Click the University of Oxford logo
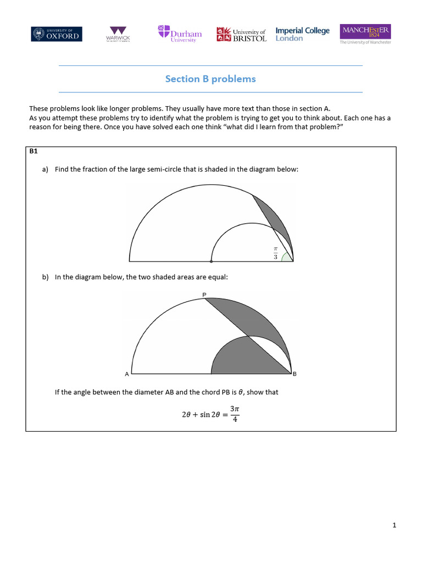click(x=57, y=34)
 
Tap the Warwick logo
click(x=118, y=34)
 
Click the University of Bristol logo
click(x=241, y=35)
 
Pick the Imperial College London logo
click(x=302, y=34)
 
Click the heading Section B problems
click(x=210, y=79)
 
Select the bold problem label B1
click(x=34, y=151)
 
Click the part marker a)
click(x=45, y=169)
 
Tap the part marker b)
click(x=45, y=277)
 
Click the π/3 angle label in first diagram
click(x=276, y=253)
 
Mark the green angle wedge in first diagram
click(x=287, y=258)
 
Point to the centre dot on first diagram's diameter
click(x=211, y=261)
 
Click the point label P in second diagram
click(x=204, y=295)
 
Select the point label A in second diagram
click(x=126, y=374)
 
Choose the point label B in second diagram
click(x=295, y=374)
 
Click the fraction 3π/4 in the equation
click(x=235, y=414)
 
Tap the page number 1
click(x=394, y=526)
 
